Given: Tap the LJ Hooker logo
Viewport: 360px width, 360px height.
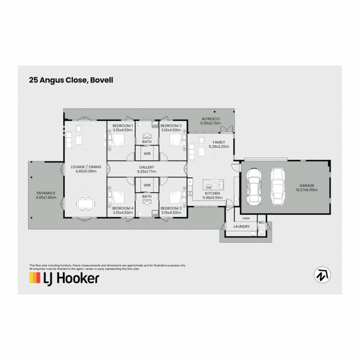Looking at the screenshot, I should point(64,278).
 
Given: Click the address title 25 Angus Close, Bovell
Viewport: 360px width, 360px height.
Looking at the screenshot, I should point(71,80).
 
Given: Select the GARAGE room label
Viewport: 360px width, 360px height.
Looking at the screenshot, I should point(306,186).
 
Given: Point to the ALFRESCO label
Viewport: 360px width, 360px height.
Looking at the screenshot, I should point(210,119).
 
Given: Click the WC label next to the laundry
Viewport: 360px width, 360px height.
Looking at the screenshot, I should point(261,222).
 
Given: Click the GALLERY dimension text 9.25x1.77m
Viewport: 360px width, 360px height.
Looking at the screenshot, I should point(147,172).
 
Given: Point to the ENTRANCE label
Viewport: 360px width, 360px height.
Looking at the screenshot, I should point(46,193).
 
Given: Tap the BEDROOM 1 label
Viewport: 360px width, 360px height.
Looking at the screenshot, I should point(123,126).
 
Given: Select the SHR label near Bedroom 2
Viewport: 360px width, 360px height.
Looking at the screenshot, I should point(155,126).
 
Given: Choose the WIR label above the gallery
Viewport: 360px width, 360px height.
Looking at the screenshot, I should point(147,154).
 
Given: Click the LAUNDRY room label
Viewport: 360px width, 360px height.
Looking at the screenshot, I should point(242,226).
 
